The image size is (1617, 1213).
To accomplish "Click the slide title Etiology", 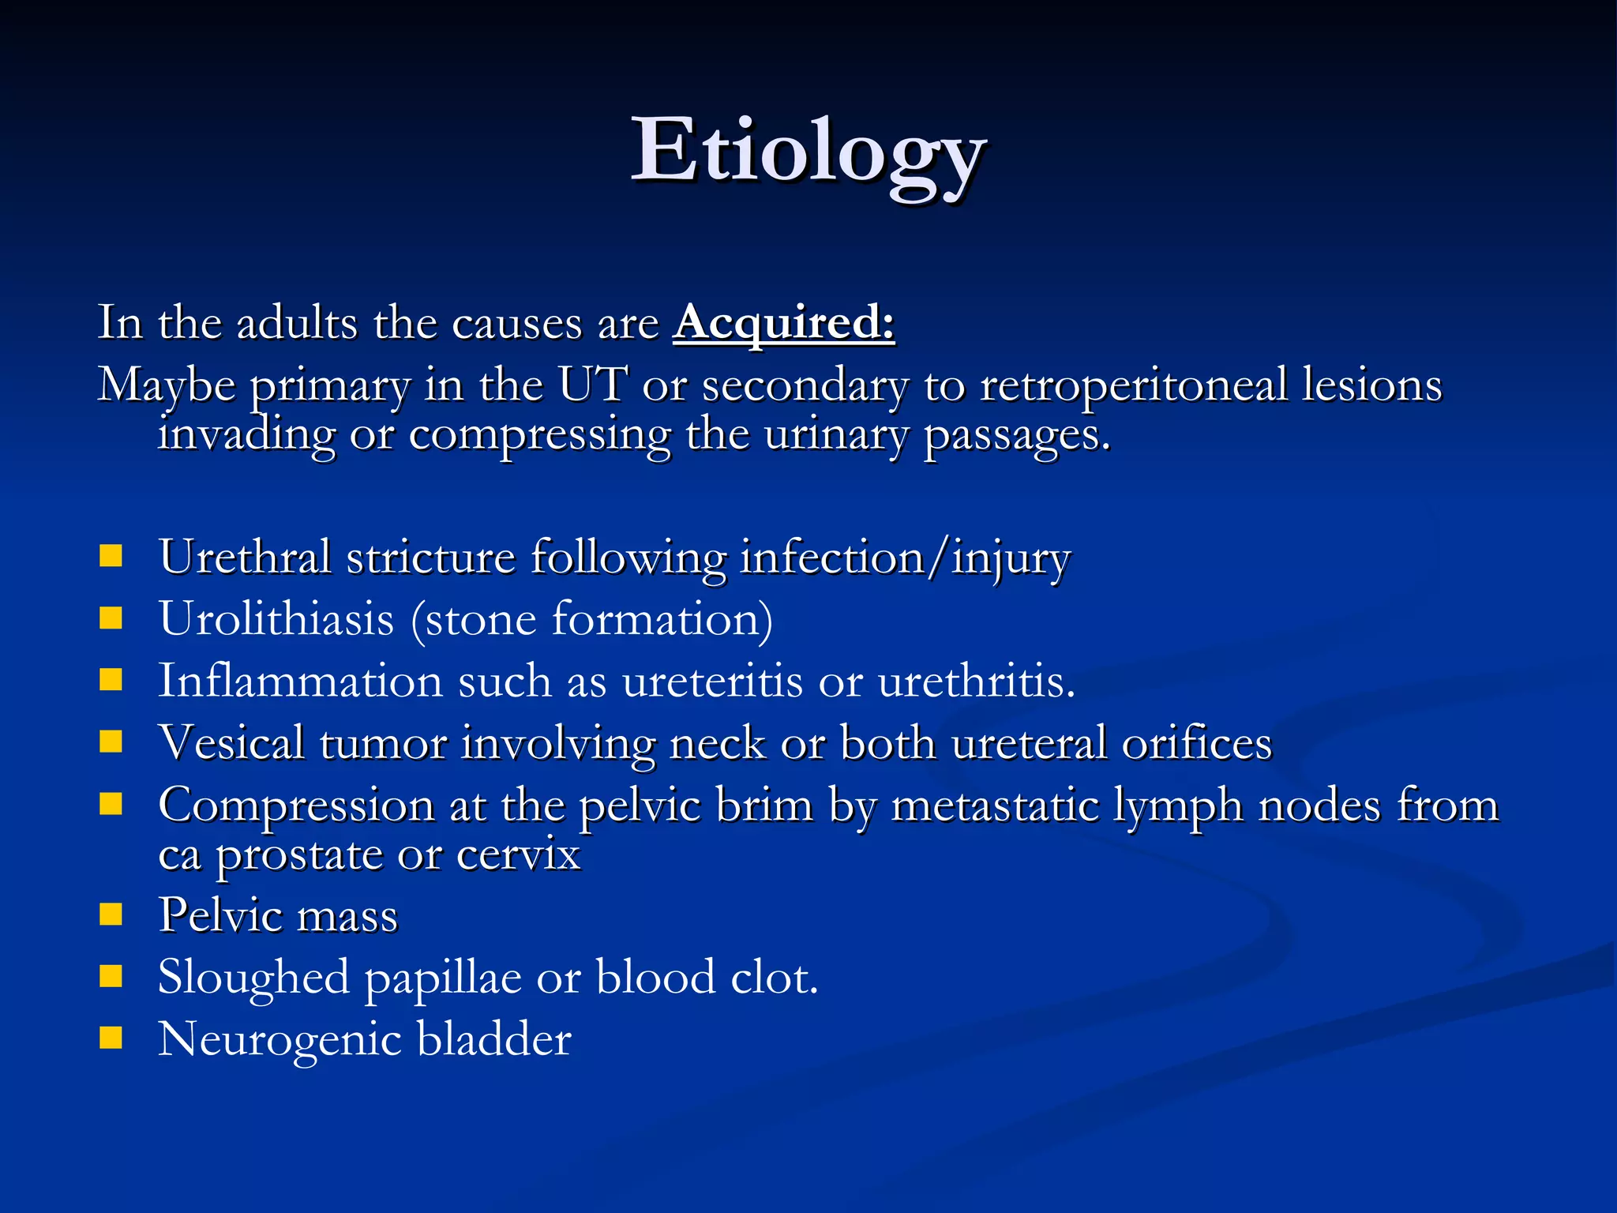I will click(x=808, y=152).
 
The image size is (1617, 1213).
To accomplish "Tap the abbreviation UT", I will click(x=593, y=385).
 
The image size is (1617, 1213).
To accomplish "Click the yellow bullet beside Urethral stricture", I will click(x=111, y=556).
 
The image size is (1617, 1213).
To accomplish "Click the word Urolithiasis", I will click(x=276, y=618).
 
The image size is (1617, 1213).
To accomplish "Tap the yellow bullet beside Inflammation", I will click(x=111, y=680).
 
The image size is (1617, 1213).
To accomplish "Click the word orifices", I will click(x=1197, y=743).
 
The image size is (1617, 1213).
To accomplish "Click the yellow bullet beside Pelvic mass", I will click(x=111, y=914).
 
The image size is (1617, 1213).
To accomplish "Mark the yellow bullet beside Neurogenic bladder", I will click(x=111, y=1038).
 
